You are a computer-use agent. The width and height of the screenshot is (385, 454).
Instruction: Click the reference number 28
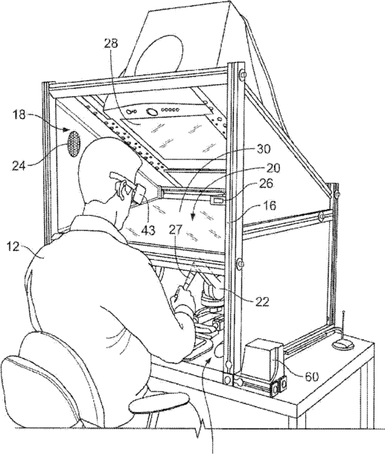coord(110,43)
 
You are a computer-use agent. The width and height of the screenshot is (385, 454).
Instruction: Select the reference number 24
coord(20,166)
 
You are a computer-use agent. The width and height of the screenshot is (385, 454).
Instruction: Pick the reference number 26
coord(265,183)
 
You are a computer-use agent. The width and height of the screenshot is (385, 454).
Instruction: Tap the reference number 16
coord(270,205)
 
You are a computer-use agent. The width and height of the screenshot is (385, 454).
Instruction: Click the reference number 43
coord(147,230)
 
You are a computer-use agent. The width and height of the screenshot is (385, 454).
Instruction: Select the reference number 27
coord(176,230)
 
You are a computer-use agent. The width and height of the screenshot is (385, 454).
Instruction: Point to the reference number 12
coord(13,246)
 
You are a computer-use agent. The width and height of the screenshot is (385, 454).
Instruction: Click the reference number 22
coord(261,301)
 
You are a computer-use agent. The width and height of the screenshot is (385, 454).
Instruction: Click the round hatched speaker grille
coord(74,144)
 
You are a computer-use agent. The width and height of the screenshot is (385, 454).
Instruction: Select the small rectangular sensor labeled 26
coord(217,200)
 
